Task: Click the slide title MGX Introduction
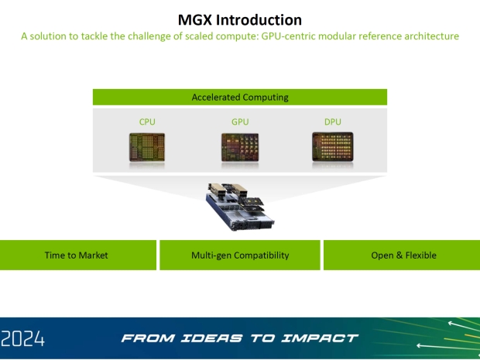click(239, 19)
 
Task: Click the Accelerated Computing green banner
click(240, 98)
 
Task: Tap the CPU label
click(147, 122)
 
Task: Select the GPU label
click(240, 122)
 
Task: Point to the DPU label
click(332, 122)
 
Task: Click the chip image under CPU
click(147, 147)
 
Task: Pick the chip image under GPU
click(240, 147)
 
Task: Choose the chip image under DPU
click(332, 147)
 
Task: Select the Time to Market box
click(77, 255)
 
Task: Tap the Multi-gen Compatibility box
click(240, 255)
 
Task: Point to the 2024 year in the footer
click(23, 338)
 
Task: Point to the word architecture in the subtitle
click(430, 36)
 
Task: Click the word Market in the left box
click(92, 255)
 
